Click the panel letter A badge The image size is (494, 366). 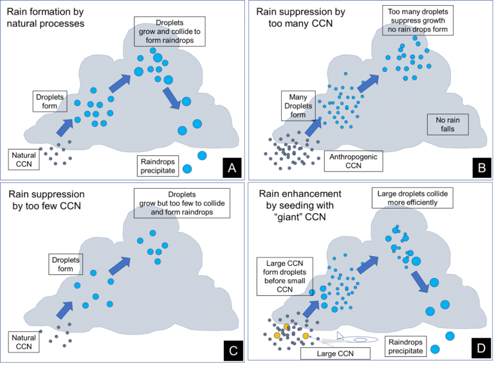232,168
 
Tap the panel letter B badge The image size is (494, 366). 482,168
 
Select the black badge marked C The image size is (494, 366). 233,351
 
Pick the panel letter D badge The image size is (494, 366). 481,348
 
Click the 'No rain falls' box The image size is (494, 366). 448,125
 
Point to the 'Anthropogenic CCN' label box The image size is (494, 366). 354,161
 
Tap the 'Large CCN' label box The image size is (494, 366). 335,353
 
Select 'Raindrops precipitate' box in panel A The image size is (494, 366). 158,166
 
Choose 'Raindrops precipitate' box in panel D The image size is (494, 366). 405,346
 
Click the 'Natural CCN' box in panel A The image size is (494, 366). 24,159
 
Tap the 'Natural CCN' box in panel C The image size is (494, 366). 24,342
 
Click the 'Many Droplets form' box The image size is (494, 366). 298,106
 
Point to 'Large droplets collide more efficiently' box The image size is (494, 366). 412,198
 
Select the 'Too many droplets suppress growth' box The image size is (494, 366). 417,21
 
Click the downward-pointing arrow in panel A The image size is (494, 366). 171,98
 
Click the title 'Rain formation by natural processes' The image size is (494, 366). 46,17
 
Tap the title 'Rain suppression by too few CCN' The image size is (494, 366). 46,200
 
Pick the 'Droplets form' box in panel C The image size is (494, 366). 66,264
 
